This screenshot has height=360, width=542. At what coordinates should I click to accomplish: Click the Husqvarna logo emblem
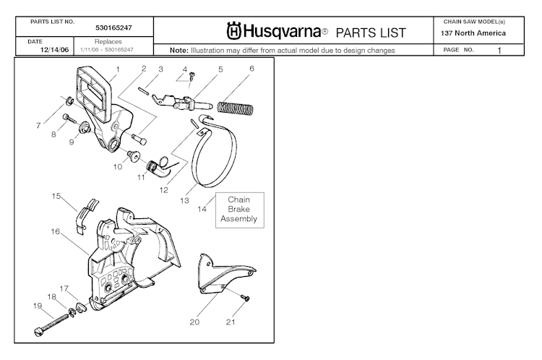click(x=233, y=33)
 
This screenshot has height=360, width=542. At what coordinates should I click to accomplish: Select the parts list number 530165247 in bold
click(x=116, y=28)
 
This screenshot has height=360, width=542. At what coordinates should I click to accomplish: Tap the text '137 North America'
click(x=473, y=33)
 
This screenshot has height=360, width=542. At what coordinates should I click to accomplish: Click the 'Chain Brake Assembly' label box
click(x=238, y=209)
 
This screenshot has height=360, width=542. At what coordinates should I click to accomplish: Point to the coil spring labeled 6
click(x=236, y=108)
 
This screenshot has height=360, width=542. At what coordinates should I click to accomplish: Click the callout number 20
click(x=194, y=322)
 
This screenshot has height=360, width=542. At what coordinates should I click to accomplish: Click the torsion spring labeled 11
click(x=155, y=169)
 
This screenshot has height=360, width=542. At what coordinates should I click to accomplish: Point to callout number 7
click(x=38, y=125)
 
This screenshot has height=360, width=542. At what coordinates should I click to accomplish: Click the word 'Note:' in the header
click(x=179, y=51)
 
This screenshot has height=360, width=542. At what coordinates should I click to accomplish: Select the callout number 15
click(x=55, y=195)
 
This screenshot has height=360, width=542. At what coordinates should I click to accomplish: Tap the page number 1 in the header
click(x=499, y=51)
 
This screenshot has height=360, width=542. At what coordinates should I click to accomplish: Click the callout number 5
click(x=220, y=69)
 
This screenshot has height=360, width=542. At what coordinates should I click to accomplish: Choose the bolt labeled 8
click(x=68, y=118)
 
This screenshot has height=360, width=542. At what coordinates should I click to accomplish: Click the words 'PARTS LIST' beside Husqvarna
click(x=371, y=33)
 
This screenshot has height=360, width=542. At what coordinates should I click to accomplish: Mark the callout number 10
click(x=116, y=166)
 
